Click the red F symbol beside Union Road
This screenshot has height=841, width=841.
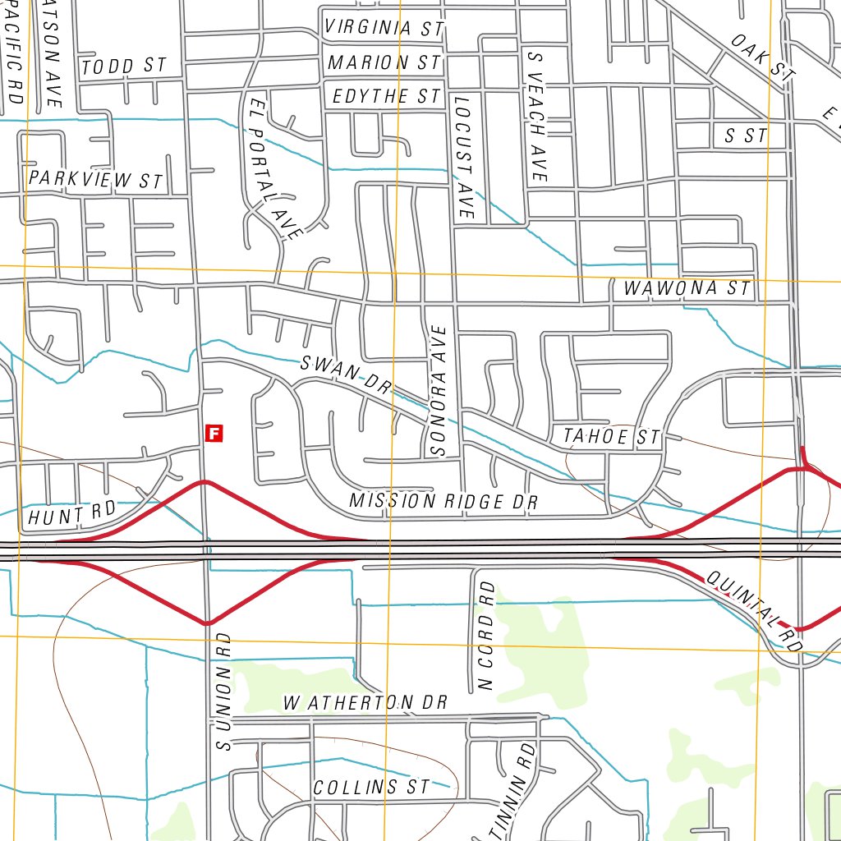[214, 433]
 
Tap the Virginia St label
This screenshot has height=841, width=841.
[384, 28]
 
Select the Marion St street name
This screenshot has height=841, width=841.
[384, 62]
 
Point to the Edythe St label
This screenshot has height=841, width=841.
[386, 97]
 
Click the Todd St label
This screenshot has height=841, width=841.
[124, 67]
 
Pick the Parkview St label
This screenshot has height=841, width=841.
[96, 179]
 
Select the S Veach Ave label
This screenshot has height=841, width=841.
[536, 117]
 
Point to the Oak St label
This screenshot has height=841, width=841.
[762, 57]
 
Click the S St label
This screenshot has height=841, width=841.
[745, 136]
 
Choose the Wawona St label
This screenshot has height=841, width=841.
[687, 289]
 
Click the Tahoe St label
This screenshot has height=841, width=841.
[611, 438]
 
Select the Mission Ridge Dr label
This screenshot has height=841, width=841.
[443, 501]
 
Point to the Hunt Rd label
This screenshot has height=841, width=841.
[71, 515]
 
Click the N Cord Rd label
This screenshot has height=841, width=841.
[486, 635]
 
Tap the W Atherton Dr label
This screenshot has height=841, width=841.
[365, 703]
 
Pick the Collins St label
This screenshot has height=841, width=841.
[371, 787]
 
